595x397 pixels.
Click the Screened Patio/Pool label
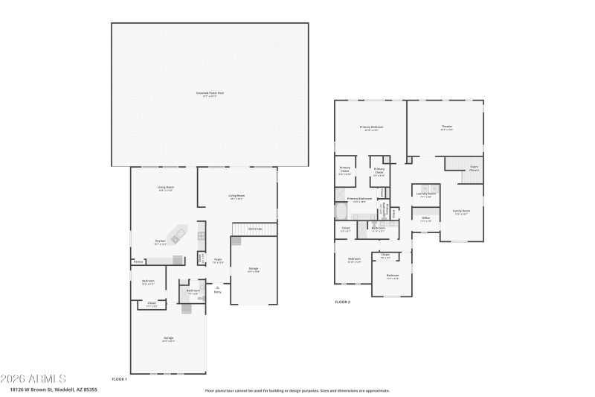click(210, 94)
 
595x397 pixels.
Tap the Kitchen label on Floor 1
click(160, 241)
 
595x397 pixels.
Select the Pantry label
click(138, 261)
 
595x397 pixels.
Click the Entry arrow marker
click(217, 288)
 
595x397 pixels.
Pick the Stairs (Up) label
click(254, 229)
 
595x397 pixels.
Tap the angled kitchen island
click(177, 235)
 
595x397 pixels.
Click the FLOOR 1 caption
click(119, 379)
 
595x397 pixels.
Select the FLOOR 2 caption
click(342, 302)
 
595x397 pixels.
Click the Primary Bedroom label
click(371, 127)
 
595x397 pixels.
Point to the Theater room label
click(446, 127)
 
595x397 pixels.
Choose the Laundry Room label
click(425, 194)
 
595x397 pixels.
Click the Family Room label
click(461, 212)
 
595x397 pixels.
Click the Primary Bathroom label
click(359, 199)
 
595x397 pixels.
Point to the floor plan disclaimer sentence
click(297, 390)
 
